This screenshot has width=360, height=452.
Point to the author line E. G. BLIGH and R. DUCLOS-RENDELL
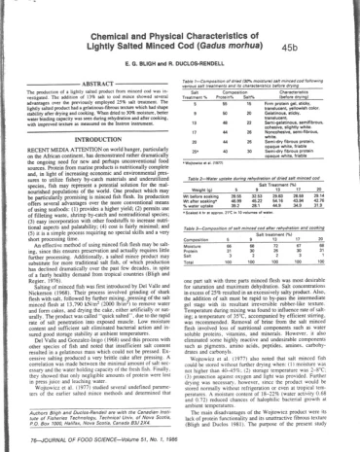[x=179, y=45]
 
